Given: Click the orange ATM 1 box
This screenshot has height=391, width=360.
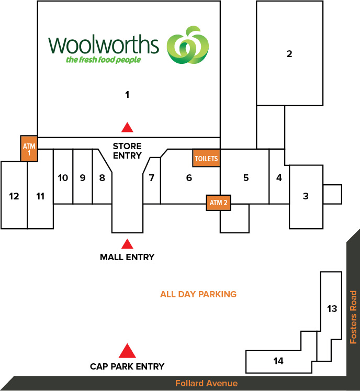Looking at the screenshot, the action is click(x=29, y=149).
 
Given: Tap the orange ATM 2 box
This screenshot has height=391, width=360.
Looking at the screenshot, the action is click(x=218, y=203).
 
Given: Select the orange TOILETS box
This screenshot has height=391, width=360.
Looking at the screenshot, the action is click(x=206, y=158).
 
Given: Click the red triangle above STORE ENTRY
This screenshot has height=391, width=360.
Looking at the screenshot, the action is click(x=127, y=127).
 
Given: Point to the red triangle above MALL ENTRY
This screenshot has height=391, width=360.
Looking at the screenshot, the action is click(x=127, y=244).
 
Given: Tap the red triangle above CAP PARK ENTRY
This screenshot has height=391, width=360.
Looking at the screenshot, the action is click(x=127, y=351).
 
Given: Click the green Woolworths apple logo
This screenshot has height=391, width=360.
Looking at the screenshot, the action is click(x=188, y=45).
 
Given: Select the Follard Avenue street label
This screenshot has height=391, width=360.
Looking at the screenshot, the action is click(x=207, y=383).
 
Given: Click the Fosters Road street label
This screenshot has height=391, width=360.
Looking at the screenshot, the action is click(x=353, y=317).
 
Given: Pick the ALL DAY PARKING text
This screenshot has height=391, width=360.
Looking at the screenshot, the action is click(x=198, y=294).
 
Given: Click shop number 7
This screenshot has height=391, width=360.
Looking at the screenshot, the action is click(x=151, y=178).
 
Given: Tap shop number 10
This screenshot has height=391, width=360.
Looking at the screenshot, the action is click(x=63, y=178).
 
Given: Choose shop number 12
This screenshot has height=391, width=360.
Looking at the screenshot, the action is click(x=14, y=196).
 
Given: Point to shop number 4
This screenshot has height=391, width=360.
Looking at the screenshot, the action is click(x=279, y=178).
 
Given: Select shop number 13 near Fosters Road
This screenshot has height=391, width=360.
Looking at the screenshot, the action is click(x=332, y=309).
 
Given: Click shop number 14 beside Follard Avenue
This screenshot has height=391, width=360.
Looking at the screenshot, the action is click(x=278, y=361).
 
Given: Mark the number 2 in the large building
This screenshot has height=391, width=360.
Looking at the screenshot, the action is click(x=289, y=54).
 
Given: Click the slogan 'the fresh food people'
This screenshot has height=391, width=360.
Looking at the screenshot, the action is click(x=104, y=60).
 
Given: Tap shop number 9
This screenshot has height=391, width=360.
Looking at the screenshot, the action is click(x=83, y=178).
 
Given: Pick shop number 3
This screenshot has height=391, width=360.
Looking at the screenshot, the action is click(x=306, y=196).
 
